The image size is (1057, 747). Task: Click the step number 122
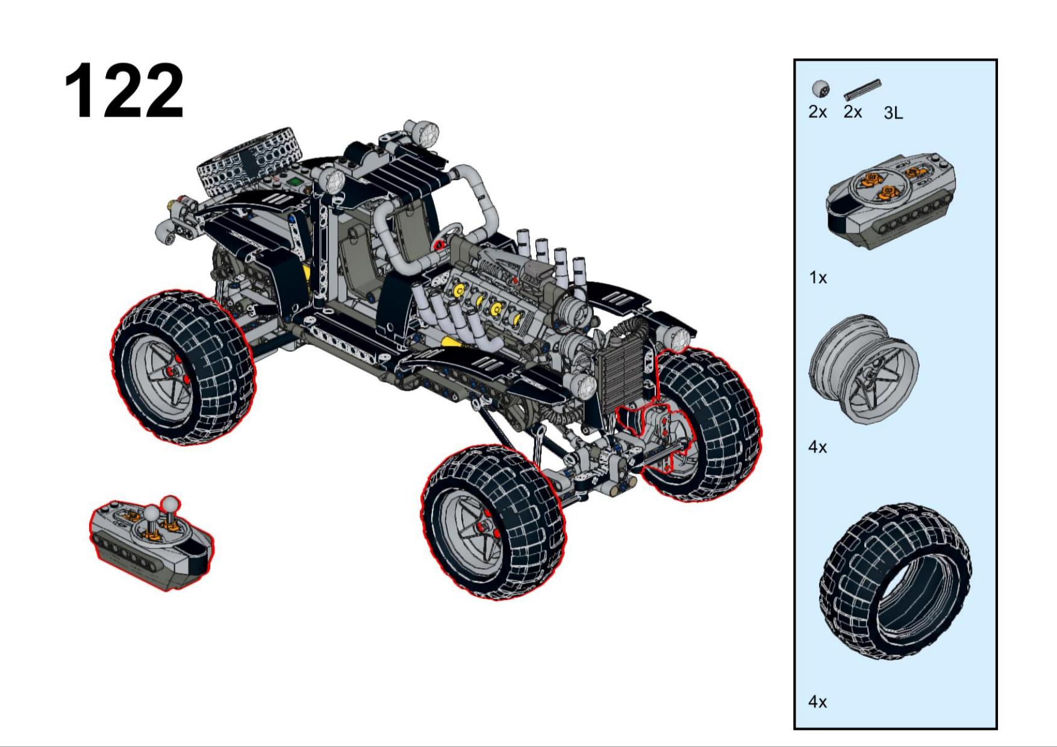[x=124, y=91]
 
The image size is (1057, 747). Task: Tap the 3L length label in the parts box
[x=893, y=113]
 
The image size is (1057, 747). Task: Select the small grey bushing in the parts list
[x=820, y=89]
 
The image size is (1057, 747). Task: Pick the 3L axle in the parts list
[x=862, y=89]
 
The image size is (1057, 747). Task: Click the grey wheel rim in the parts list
[x=864, y=369]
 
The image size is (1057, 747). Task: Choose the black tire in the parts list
[x=895, y=582]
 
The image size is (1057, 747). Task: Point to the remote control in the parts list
[x=890, y=201]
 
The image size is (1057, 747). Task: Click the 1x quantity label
[x=817, y=278]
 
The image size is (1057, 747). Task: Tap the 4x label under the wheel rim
[x=817, y=448]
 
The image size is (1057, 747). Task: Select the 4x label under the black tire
[x=817, y=702]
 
